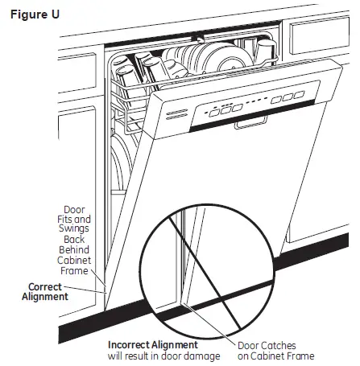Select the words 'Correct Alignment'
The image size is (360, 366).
(48, 291)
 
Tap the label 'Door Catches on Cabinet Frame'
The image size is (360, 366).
(275, 350)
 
